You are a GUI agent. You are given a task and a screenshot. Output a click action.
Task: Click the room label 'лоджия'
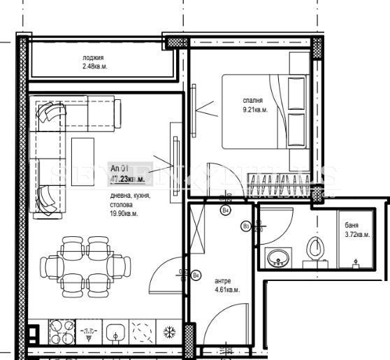[93, 58]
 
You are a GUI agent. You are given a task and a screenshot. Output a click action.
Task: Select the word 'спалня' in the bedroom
[253, 99]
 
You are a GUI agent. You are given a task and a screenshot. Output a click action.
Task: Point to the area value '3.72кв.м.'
[357, 235]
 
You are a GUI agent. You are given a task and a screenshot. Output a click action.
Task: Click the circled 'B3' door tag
[246, 226]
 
